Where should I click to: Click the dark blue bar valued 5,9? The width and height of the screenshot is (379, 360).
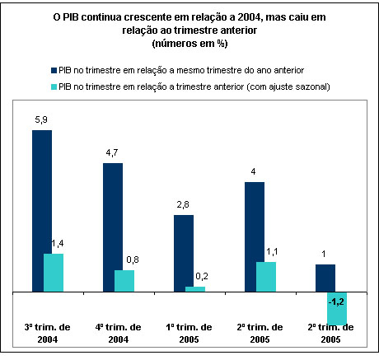point(42,211)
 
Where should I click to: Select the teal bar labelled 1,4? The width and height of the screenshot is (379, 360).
point(54,273)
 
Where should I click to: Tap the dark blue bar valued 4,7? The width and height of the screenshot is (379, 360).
point(113,227)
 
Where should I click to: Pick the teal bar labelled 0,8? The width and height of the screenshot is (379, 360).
point(124,281)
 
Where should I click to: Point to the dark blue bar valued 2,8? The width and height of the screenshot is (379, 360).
point(184,253)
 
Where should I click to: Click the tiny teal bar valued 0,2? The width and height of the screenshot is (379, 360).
point(195,289)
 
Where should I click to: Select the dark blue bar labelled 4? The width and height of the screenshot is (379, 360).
point(255,236)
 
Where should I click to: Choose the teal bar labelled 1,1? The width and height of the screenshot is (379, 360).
point(266,277)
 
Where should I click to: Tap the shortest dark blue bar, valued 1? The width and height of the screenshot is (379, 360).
point(325,278)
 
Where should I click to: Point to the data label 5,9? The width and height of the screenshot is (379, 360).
point(41,120)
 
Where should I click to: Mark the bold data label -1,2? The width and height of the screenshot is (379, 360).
point(336,302)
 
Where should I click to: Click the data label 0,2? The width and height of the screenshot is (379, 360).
point(202,277)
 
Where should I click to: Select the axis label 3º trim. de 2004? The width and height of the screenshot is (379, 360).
point(48,334)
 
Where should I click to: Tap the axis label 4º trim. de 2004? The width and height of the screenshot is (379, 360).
point(119,334)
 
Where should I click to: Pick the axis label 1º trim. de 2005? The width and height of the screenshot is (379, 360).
point(189,334)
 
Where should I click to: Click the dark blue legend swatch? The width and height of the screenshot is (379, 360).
point(54,70)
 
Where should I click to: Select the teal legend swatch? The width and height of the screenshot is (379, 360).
point(54,86)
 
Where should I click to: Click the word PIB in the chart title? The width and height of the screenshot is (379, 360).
point(71,17)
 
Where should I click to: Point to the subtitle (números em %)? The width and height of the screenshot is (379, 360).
point(189,44)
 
